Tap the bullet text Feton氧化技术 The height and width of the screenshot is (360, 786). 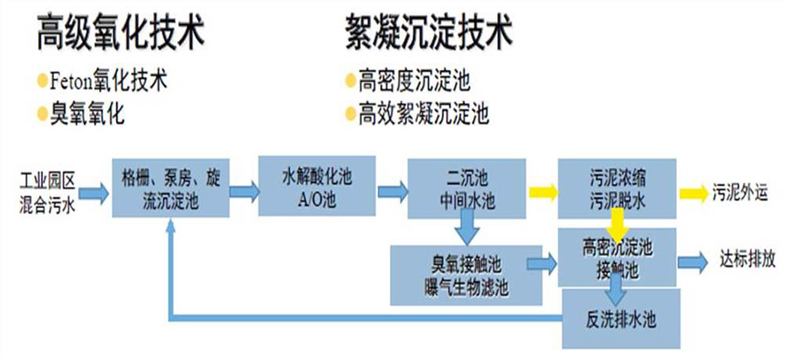[109, 81]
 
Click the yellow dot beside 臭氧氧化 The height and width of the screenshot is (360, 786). [42, 113]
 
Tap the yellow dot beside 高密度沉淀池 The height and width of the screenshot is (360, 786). [350, 81]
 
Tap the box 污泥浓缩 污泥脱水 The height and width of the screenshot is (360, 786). [617, 189]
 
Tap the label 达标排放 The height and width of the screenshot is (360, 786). [746, 260]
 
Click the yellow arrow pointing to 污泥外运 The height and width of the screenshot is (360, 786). [695, 191]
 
